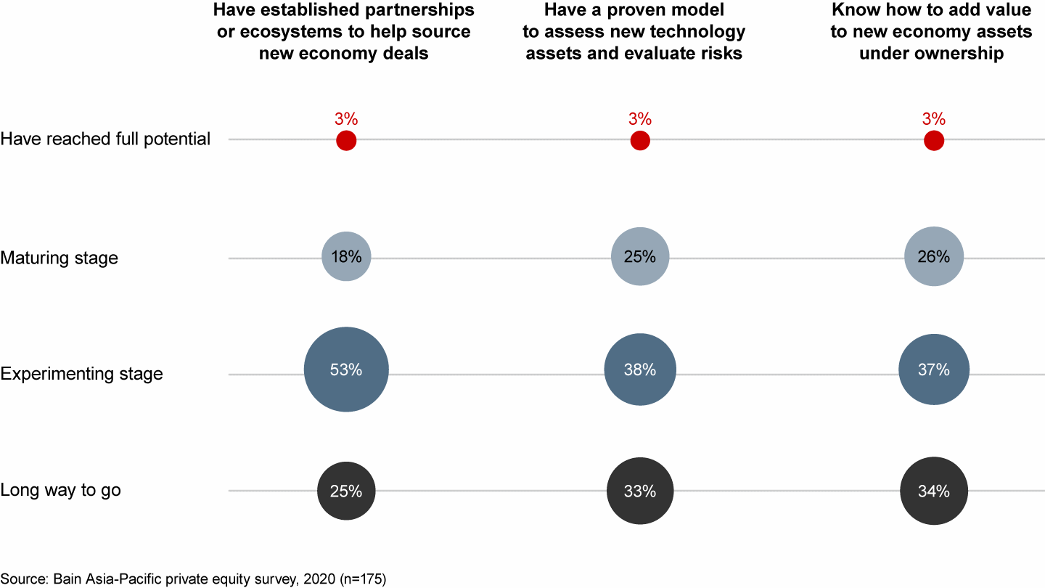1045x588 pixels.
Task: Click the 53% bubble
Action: tap(346, 369)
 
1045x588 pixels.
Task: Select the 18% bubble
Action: tap(346, 256)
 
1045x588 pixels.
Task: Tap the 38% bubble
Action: tap(639, 369)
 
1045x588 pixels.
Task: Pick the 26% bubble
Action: tap(933, 256)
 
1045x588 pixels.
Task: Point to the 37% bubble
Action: tap(933, 369)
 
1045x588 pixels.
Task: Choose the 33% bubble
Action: tap(639, 491)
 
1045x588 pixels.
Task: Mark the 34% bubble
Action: tap(933, 491)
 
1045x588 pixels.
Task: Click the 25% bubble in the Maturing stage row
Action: tap(639, 256)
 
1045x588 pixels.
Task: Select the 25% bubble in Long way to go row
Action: tap(346, 491)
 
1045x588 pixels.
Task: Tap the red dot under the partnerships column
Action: tap(346, 141)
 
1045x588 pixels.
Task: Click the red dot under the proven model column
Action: tap(639, 141)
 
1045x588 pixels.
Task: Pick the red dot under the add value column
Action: tap(933, 141)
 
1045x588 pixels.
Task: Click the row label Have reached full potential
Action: tap(105, 139)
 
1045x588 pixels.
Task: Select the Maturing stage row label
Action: tap(59, 258)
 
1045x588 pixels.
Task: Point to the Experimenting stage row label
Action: tap(81, 374)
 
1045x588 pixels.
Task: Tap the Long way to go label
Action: tap(60, 490)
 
